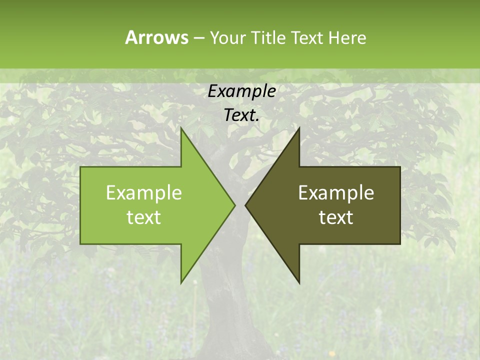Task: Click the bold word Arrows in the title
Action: pyautogui.click(x=156, y=37)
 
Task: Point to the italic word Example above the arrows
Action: pyautogui.click(x=242, y=91)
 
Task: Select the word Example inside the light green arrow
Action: pyautogui.click(x=144, y=192)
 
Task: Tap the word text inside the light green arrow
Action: pyautogui.click(x=144, y=217)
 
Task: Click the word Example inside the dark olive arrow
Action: pyautogui.click(x=336, y=192)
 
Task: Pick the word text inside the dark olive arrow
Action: pyautogui.click(x=336, y=217)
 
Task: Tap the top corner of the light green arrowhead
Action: pyautogui.click(x=181, y=129)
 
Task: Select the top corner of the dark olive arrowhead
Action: pyautogui.click(x=298, y=129)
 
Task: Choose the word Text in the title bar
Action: pyautogui.click(x=307, y=38)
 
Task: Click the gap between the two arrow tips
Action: pyautogui.click(x=240, y=205)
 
